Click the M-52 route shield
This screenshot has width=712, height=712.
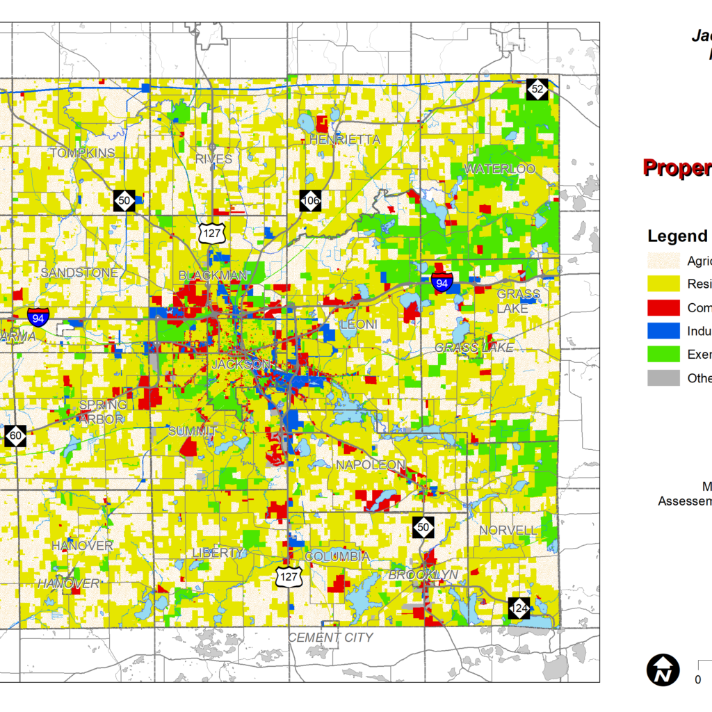click(x=537, y=89)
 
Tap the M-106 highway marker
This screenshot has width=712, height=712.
click(x=311, y=201)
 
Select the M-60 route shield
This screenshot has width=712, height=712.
click(x=15, y=436)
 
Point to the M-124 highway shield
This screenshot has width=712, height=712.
click(x=519, y=608)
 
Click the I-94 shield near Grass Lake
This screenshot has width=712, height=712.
click(x=442, y=282)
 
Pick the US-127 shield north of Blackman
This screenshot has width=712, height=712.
click(x=209, y=233)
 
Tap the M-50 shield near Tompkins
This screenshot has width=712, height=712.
click(x=124, y=200)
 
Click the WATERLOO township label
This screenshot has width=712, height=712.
click(x=500, y=169)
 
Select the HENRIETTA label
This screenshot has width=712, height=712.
click(x=345, y=140)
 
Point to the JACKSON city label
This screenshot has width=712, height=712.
click(x=240, y=364)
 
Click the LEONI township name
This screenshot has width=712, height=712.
click(x=359, y=325)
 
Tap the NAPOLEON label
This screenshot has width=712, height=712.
click(x=370, y=464)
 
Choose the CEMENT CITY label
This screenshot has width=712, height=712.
click(x=331, y=637)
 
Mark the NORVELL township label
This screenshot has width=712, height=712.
click(x=508, y=531)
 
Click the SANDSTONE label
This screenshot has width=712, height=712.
click(x=79, y=273)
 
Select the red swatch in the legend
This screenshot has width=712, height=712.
click(x=663, y=307)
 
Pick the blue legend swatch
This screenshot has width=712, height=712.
click(x=663, y=331)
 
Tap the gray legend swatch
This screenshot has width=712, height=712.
click(x=663, y=378)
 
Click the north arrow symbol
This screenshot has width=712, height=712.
click(x=663, y=670)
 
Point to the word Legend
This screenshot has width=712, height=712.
click(x=677, y=236)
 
